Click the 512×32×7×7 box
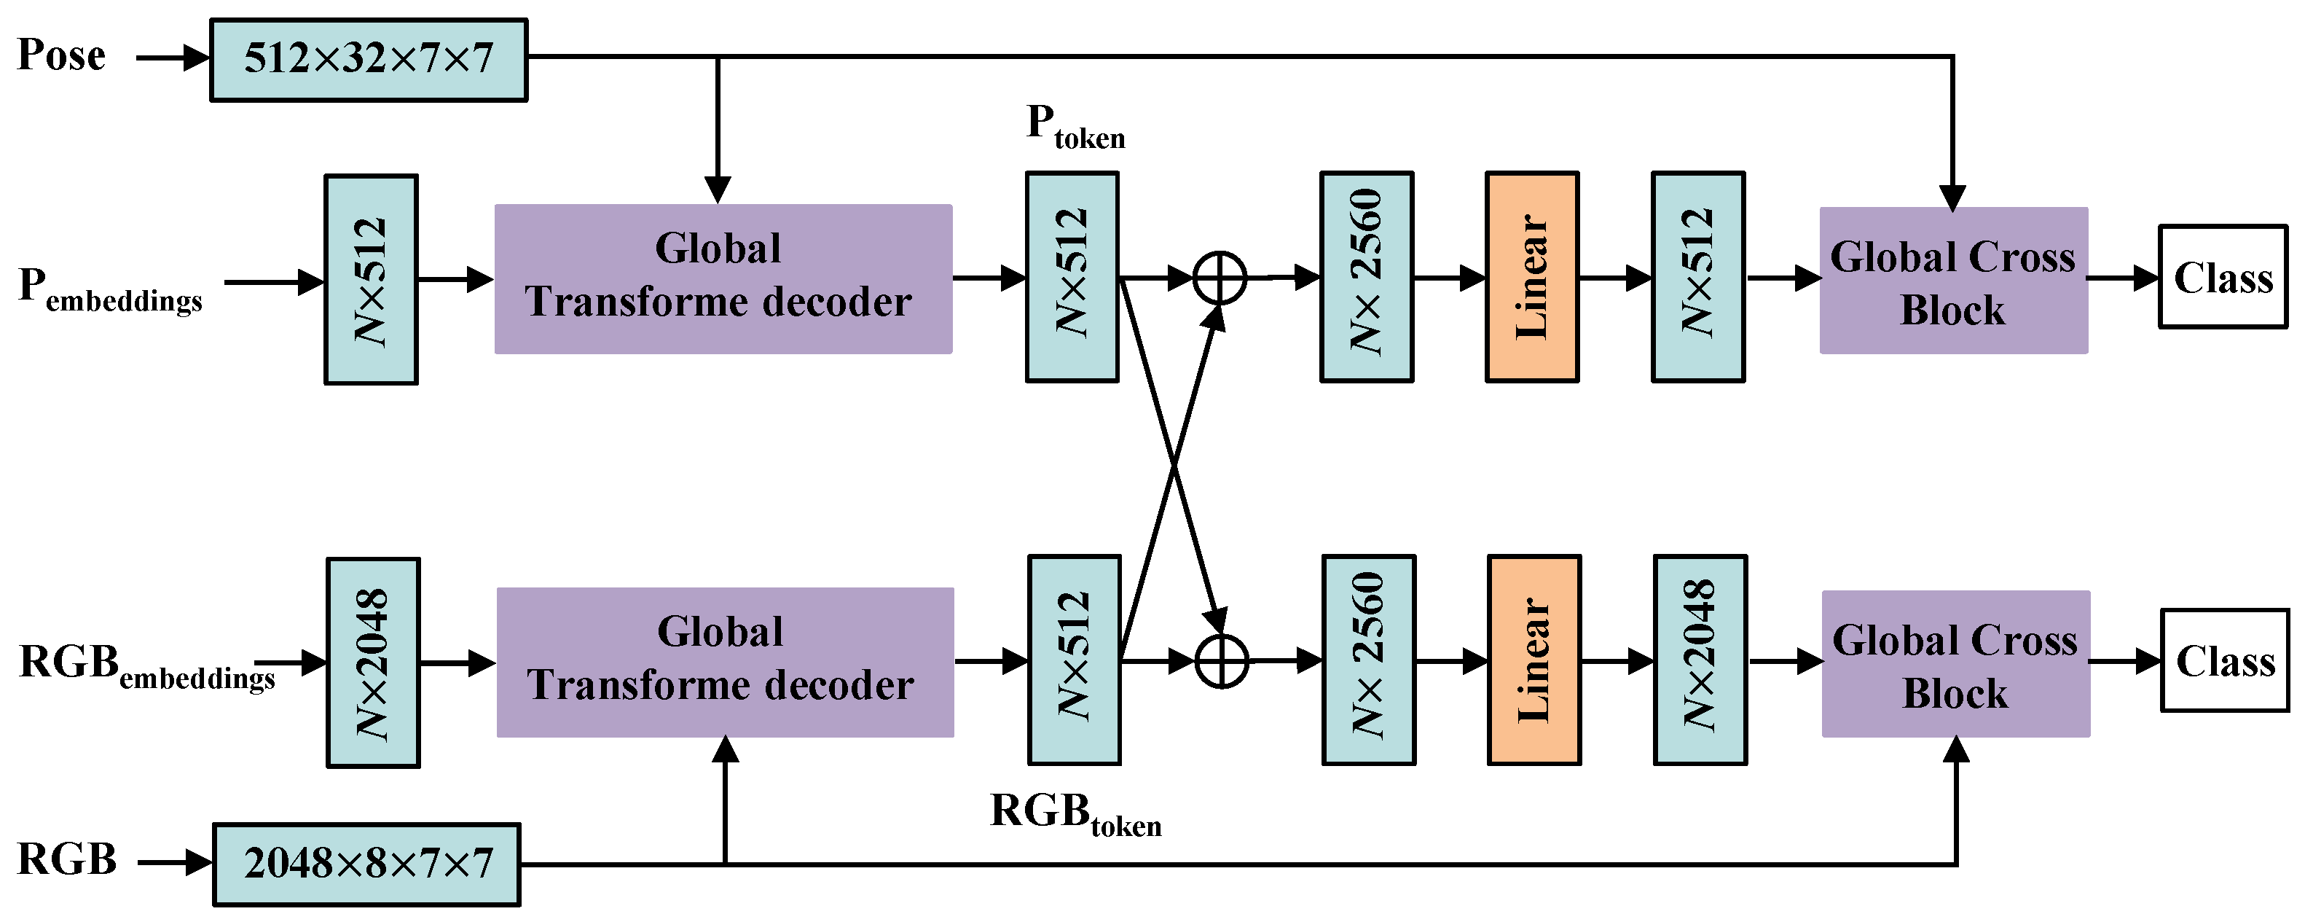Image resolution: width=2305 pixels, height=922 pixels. coord(368,60)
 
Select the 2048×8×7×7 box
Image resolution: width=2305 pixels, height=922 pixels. coord(367,864)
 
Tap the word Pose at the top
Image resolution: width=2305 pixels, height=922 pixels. coord(61,55)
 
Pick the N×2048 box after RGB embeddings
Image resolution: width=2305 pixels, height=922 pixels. coord(373,663)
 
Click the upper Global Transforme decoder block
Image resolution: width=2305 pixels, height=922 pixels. coord(723,278)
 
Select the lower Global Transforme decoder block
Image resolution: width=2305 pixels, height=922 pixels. coord(725,662)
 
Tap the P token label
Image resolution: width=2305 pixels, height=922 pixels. coord(1075,126)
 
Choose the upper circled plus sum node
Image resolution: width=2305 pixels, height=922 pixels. coord(1220,278)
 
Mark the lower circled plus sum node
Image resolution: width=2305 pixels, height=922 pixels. coord(1222,662)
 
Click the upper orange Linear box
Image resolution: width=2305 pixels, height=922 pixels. coord(1531,278)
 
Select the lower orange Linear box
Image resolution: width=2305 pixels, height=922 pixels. coord(1534,660)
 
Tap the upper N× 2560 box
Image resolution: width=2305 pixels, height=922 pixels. coord(1367,278)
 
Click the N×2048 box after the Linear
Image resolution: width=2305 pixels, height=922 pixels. coord(1699,660)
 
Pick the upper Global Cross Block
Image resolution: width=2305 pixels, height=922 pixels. coord(1953,280)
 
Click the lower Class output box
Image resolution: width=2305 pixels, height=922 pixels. coord(2224,660)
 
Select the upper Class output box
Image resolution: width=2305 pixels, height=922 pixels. coord(2223,277)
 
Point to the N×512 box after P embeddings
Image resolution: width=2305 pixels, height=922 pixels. coord(370,279)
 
